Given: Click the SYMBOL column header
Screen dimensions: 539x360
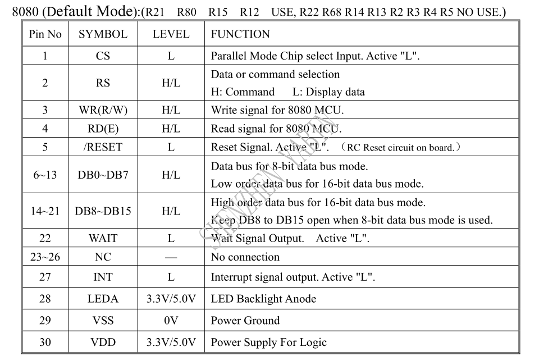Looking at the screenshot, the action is [103, 34].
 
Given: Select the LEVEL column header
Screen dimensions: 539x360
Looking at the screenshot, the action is [171, 34].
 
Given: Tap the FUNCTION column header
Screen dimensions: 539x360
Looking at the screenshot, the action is [240, 34].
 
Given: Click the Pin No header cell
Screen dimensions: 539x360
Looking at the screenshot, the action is [45, 34].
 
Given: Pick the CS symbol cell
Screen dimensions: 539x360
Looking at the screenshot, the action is [103, 56].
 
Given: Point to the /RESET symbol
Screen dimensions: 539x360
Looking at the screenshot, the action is [103, 147].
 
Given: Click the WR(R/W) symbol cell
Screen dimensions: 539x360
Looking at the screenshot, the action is [103, 110].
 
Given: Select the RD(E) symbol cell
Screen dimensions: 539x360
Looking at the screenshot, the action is [103, 129].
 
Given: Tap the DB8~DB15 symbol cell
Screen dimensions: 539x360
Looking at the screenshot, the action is [103, 211].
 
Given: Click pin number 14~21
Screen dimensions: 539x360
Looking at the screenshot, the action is [45, 211].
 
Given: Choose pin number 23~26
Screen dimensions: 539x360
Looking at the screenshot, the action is [45, 257].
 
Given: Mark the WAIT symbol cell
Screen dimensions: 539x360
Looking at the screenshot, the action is [103, 238].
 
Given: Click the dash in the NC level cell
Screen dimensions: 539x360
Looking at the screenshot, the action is [171, 257].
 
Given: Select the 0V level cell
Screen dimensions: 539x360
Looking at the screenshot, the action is [171, 321].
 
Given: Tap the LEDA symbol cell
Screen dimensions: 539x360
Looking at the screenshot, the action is [103, 298].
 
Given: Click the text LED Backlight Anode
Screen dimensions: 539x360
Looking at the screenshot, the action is [263, 298].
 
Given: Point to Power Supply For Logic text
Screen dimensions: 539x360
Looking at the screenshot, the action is [268, 343].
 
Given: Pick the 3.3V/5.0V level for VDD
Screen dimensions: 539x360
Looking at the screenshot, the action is [171, 342].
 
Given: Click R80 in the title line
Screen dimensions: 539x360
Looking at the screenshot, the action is [186, 12].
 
